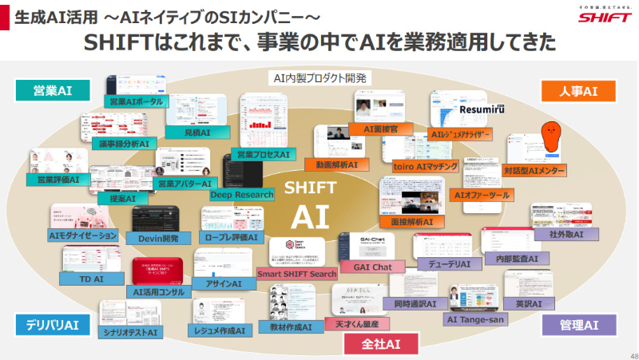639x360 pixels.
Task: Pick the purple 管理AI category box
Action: point(579,325)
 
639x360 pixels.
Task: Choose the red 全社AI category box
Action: point(381,343)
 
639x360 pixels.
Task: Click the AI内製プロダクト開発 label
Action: point(319,78)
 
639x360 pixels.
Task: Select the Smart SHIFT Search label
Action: point(296,274)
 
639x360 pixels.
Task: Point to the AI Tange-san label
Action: point(476,318)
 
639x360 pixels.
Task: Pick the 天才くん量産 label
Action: point(357,323)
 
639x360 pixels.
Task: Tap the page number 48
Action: point(627,351)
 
